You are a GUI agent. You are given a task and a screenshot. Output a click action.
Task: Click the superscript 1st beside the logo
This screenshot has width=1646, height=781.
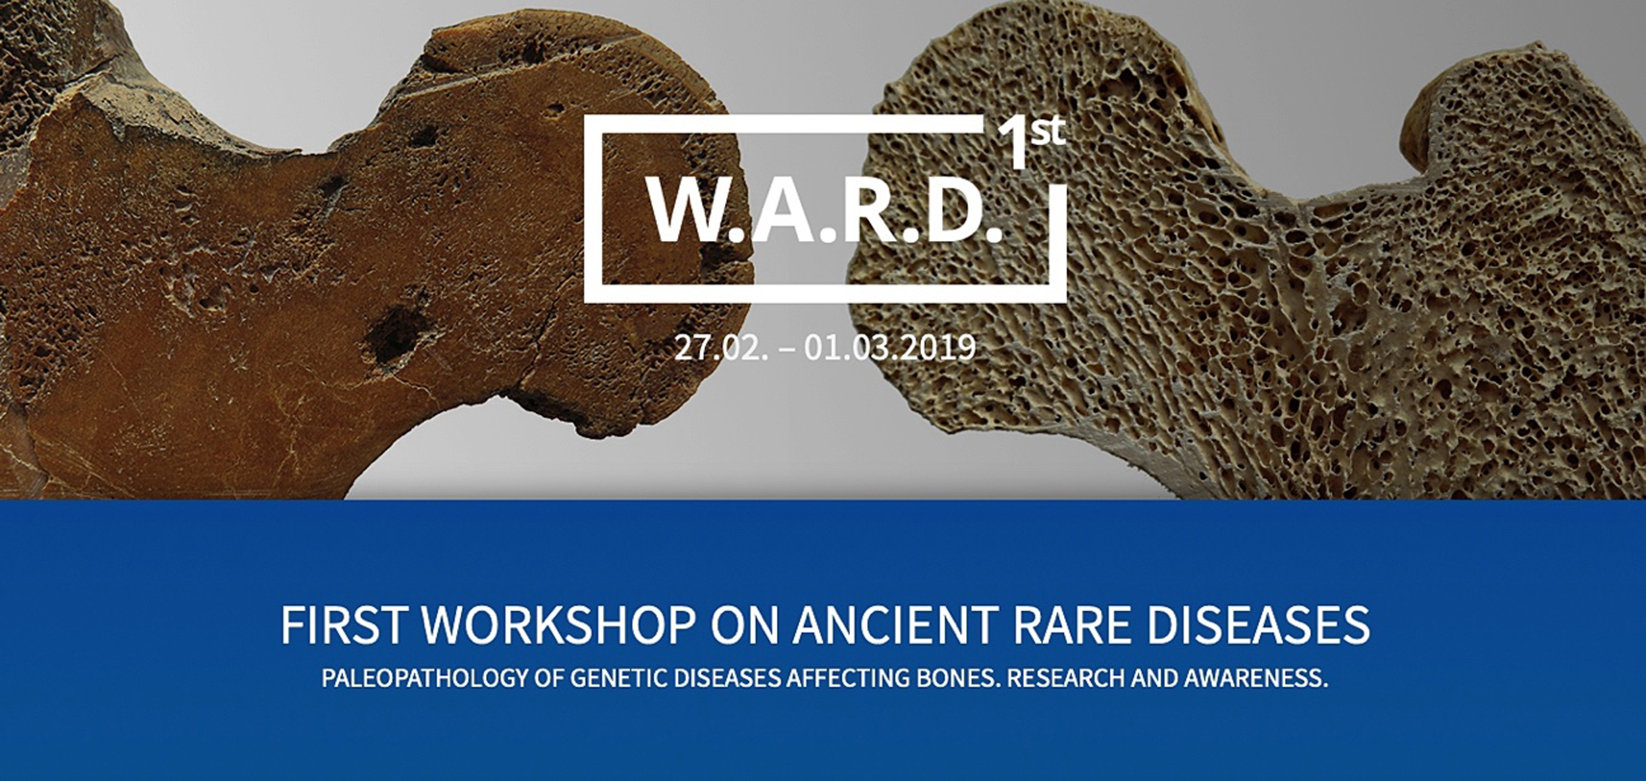point(1031,141)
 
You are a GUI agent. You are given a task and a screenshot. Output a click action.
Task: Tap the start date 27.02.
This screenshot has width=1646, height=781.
point(721,348)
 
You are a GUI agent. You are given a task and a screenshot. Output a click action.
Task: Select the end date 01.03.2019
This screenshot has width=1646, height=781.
point(889,348)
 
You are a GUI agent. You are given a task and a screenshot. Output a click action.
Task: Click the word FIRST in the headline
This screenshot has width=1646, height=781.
point(342,624)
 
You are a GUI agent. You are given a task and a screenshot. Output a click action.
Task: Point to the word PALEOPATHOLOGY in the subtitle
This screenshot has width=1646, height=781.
point(425,679)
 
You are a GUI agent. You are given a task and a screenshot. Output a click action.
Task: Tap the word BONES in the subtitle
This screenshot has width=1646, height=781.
point(957,679)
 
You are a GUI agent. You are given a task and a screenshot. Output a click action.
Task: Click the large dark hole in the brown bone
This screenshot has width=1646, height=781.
point(395,336)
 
